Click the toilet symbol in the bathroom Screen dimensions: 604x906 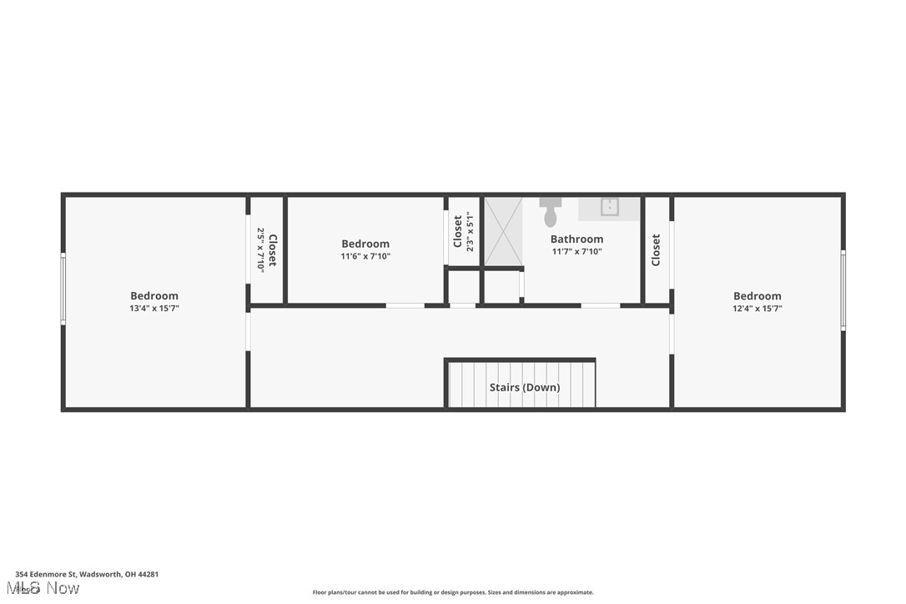click(551, 213)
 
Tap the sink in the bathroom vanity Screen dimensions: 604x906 click(610, 206)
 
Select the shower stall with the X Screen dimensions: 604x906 click(503, 231)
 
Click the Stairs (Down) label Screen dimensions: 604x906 click(524, 387)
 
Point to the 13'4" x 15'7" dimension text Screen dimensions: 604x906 click(154, 309)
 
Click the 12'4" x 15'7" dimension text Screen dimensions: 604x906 click(758, 309)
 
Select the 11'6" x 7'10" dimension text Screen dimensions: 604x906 click(365, 257)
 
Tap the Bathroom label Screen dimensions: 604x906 click(576, 239)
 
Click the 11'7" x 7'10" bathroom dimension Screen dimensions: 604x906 click(576, 252)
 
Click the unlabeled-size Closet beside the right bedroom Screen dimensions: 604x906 click(657, 249)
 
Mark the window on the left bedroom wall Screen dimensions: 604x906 click(63, 289)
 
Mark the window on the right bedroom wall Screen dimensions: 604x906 click(843, 289)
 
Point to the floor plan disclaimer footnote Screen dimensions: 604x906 click(453, 592)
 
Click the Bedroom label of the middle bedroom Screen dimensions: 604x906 click(365, 244)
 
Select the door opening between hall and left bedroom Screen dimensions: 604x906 click(248, 330)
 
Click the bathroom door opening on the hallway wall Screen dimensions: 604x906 click(600, 306)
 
